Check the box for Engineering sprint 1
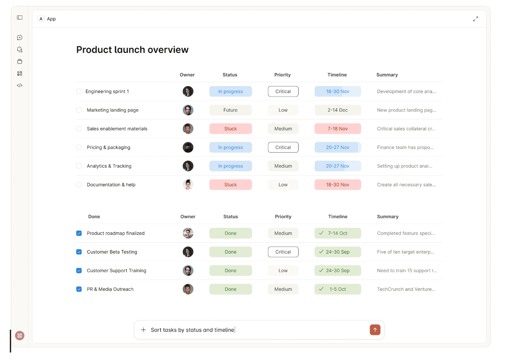click(x=79, y=92)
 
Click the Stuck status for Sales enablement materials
click(x=230, y=129)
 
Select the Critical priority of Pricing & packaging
click(x=283, y=148)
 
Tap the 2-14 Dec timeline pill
click(x=338, y=110)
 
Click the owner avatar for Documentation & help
click(x=188, y=185)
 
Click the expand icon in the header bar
click(x=476, y=19)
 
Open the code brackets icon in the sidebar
click(x=20, y=85)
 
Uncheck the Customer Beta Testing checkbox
click(x=79, y=252)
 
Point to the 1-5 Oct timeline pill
click(x=338, y=289)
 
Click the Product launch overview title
click(x=132, y=50)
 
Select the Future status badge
click(x=230, y=110)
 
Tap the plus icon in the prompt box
click(x=143, y=330)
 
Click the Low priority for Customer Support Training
click(x=283, y=271)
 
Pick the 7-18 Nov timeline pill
click(x=338, y=129)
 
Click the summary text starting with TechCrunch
click(x=406, y=289)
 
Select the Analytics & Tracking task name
click(x=109, y=166)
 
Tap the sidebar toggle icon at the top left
click(x=20, y=18)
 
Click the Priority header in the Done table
click(x=283, y=217)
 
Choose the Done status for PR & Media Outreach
click(x=230, y=289)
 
